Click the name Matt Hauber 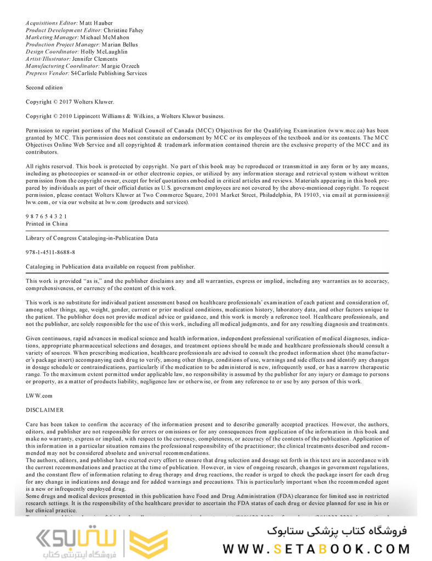[96, 23]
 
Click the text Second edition [44, 87]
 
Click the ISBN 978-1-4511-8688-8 [50, 252]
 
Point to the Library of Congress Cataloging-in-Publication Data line [92, 238]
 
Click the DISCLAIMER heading [44, 410]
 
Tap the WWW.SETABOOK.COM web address [316, 548]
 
